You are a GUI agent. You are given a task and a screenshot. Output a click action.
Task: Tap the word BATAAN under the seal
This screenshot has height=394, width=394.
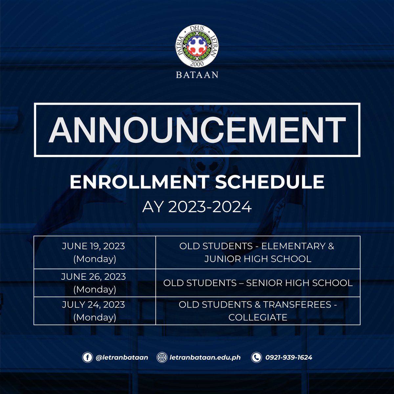click(x=197, y=75)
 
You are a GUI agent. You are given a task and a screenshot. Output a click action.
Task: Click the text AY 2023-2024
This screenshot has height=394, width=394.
click(x=197, y=207)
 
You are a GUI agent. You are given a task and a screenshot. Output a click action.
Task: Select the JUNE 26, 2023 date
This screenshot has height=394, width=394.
click(x=94, y=276)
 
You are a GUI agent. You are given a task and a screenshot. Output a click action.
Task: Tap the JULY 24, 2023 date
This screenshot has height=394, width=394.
click(x=94, y=304)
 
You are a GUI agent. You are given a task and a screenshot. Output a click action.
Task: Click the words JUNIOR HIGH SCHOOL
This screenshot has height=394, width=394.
click(x=258, y=259)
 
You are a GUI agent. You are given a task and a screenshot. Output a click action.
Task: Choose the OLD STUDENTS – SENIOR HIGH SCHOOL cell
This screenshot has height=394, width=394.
click(x=258, y=283)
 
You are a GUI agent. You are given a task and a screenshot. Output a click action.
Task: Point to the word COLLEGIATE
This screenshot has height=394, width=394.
click(x=258, y=317)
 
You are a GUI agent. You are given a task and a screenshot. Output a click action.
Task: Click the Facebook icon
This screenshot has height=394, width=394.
click(x=87, y=357)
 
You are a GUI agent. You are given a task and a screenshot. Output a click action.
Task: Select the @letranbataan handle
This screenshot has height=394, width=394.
click(x=121, y=357)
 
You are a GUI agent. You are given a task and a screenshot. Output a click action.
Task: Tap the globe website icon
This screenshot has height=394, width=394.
click(x=162, y=357)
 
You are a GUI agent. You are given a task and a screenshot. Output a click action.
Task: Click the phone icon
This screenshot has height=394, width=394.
click(x=256, y=357)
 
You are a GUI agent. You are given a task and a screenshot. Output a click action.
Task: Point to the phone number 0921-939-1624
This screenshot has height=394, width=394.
click(x=289, y=357)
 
